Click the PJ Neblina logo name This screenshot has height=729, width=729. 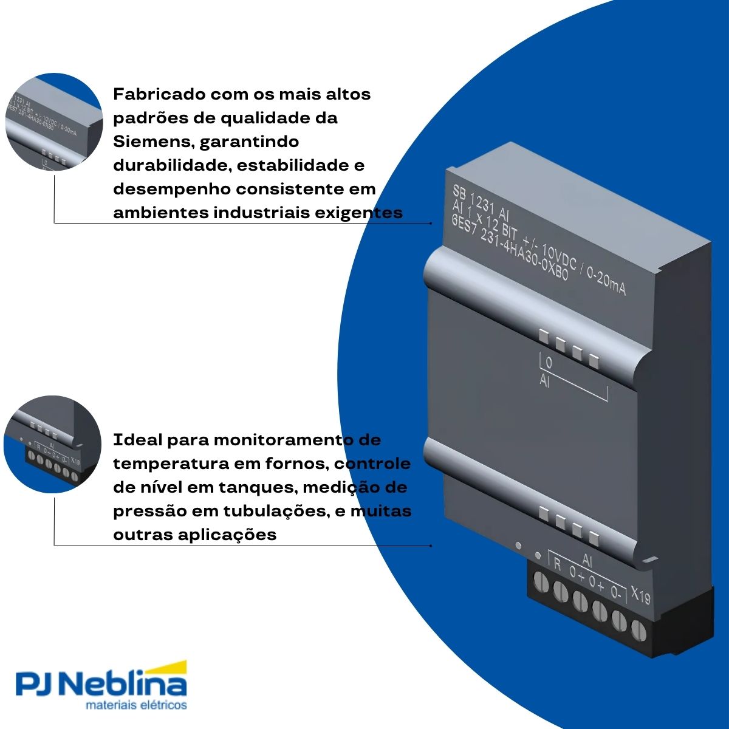101,685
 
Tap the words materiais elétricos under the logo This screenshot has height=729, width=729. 136,705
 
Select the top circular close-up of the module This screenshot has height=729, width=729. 53,122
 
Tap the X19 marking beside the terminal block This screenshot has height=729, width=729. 640,595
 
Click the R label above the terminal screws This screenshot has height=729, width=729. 557,564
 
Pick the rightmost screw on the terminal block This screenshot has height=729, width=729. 638,629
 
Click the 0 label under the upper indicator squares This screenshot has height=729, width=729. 549,363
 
